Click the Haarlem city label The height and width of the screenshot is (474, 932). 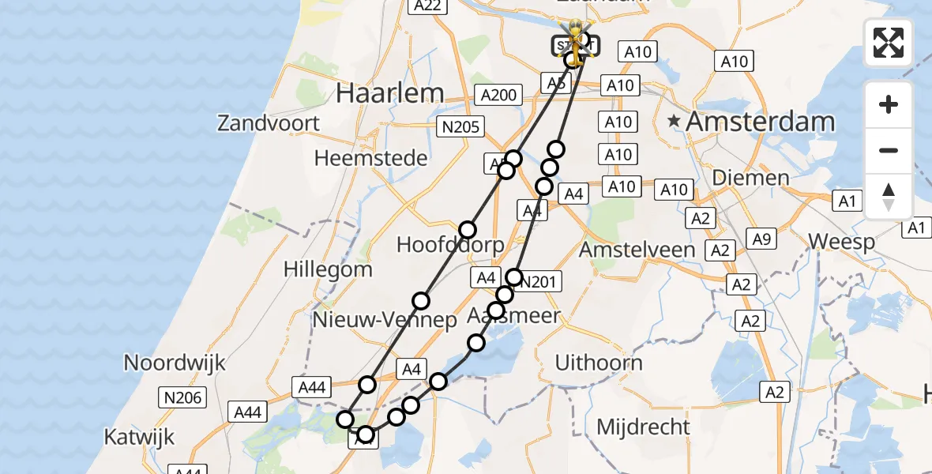[x=389, y=92]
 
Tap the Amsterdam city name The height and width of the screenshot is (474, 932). [x=760, y=122]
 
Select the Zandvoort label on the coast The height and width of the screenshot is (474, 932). [x=269, y=123]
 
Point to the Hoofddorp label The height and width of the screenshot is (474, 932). [x=450, y=245]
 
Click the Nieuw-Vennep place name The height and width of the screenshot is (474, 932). [x=385, y=320]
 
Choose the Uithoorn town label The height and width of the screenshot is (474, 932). [x=599, y=363]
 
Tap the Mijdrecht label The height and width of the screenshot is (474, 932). [x=643, y=427]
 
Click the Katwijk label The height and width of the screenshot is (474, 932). [x=139, y=437]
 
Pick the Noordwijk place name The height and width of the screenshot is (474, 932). [x=175, y=363]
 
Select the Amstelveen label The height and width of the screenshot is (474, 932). [x=637, y=250]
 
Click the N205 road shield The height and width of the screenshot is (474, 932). [x=461, y=126]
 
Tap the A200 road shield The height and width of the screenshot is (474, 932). [x=499, y=96]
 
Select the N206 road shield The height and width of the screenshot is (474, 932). [x=182, y=397]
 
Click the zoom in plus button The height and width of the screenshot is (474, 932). [x=889, y=104]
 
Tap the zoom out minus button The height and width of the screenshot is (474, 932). [x=889, y=150]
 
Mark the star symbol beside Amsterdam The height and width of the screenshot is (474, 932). [x=674, y=122]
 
